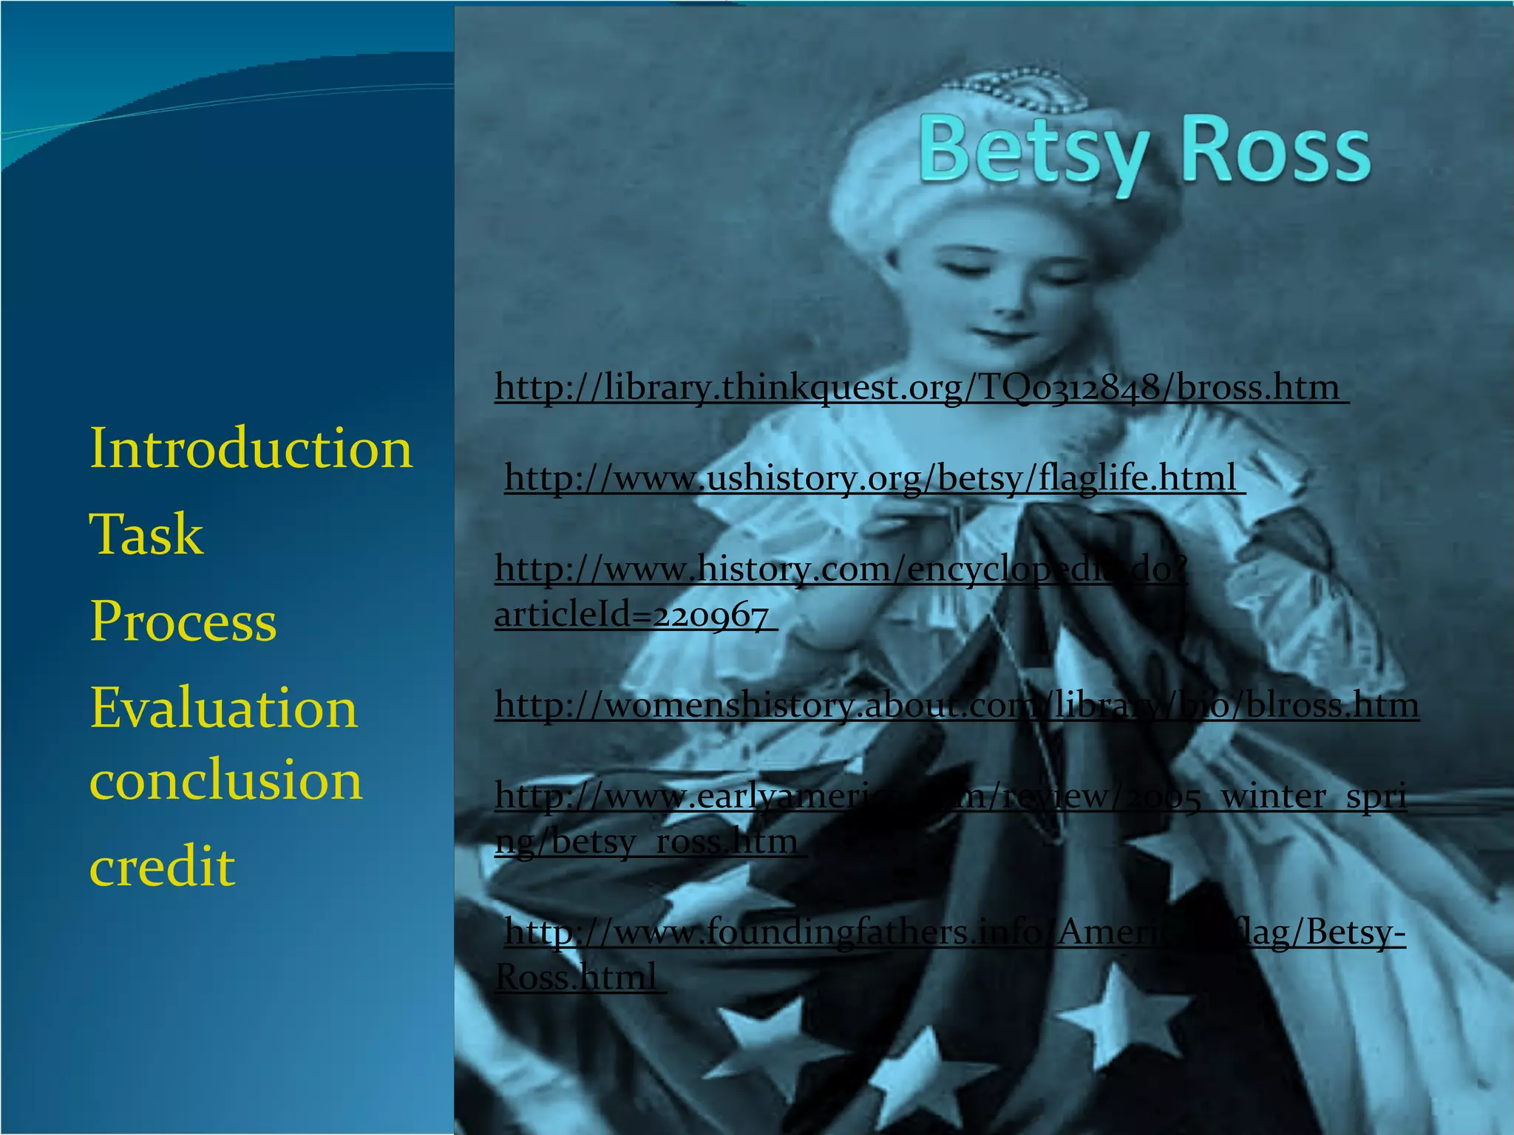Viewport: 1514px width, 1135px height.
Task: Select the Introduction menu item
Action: (250, 449)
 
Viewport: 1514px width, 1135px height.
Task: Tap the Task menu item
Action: (146, 534)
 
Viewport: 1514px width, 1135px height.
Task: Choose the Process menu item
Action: (183, 621)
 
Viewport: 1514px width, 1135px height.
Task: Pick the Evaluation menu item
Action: (223, 708)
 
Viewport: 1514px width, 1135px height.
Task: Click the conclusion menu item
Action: (225, 780)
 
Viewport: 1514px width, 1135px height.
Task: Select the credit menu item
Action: (162, 866)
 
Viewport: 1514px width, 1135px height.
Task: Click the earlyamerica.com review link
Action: (950, 797)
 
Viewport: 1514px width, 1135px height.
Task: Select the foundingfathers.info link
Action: (954, 933)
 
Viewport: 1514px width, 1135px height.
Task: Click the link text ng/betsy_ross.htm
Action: (647, 842)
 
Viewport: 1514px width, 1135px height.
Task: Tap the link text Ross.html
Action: (577, 978)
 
